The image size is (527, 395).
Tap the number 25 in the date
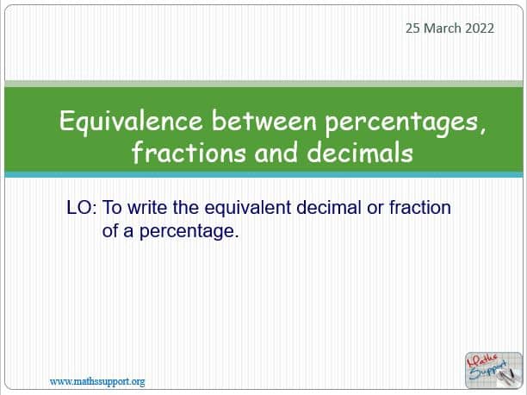coord(413,28)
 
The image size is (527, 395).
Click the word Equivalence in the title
coord(131,122)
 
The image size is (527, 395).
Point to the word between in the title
coord(263,121)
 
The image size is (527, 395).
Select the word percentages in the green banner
coord(406,123)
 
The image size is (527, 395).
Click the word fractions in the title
coord(189,152)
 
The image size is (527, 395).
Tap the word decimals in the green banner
coord(360,152)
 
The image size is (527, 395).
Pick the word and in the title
coord(276,153)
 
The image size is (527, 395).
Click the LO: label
coord(82,208)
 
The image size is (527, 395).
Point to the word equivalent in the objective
coord(248,208)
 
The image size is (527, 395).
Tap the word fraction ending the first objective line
coord(419,208)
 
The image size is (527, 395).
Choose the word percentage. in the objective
coord(189,232)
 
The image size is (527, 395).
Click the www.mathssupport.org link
coord(97,382)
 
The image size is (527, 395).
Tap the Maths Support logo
coord(493,370)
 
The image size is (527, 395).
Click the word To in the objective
coord(112,208)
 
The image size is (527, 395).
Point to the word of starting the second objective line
coord(110,231)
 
